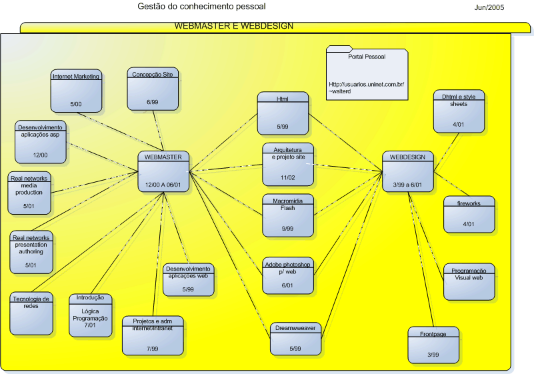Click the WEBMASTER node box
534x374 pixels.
163,172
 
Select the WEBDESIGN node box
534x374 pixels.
408,172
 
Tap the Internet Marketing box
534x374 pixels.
75,91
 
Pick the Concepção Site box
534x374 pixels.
153,89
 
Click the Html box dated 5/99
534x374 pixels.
283,113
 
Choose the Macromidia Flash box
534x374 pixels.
287,215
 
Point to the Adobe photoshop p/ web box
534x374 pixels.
287,276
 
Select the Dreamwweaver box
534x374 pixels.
295,338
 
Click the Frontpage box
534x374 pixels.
433,345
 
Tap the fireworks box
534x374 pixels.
469,214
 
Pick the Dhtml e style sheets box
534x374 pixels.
459,111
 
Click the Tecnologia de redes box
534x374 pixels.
31,313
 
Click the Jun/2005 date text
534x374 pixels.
489,7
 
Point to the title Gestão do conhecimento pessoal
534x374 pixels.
201,7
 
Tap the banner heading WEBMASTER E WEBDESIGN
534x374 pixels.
233,27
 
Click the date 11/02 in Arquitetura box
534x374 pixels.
287,177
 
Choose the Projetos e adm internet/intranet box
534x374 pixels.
152,335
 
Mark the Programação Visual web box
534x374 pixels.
469,282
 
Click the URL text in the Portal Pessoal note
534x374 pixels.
367,87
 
